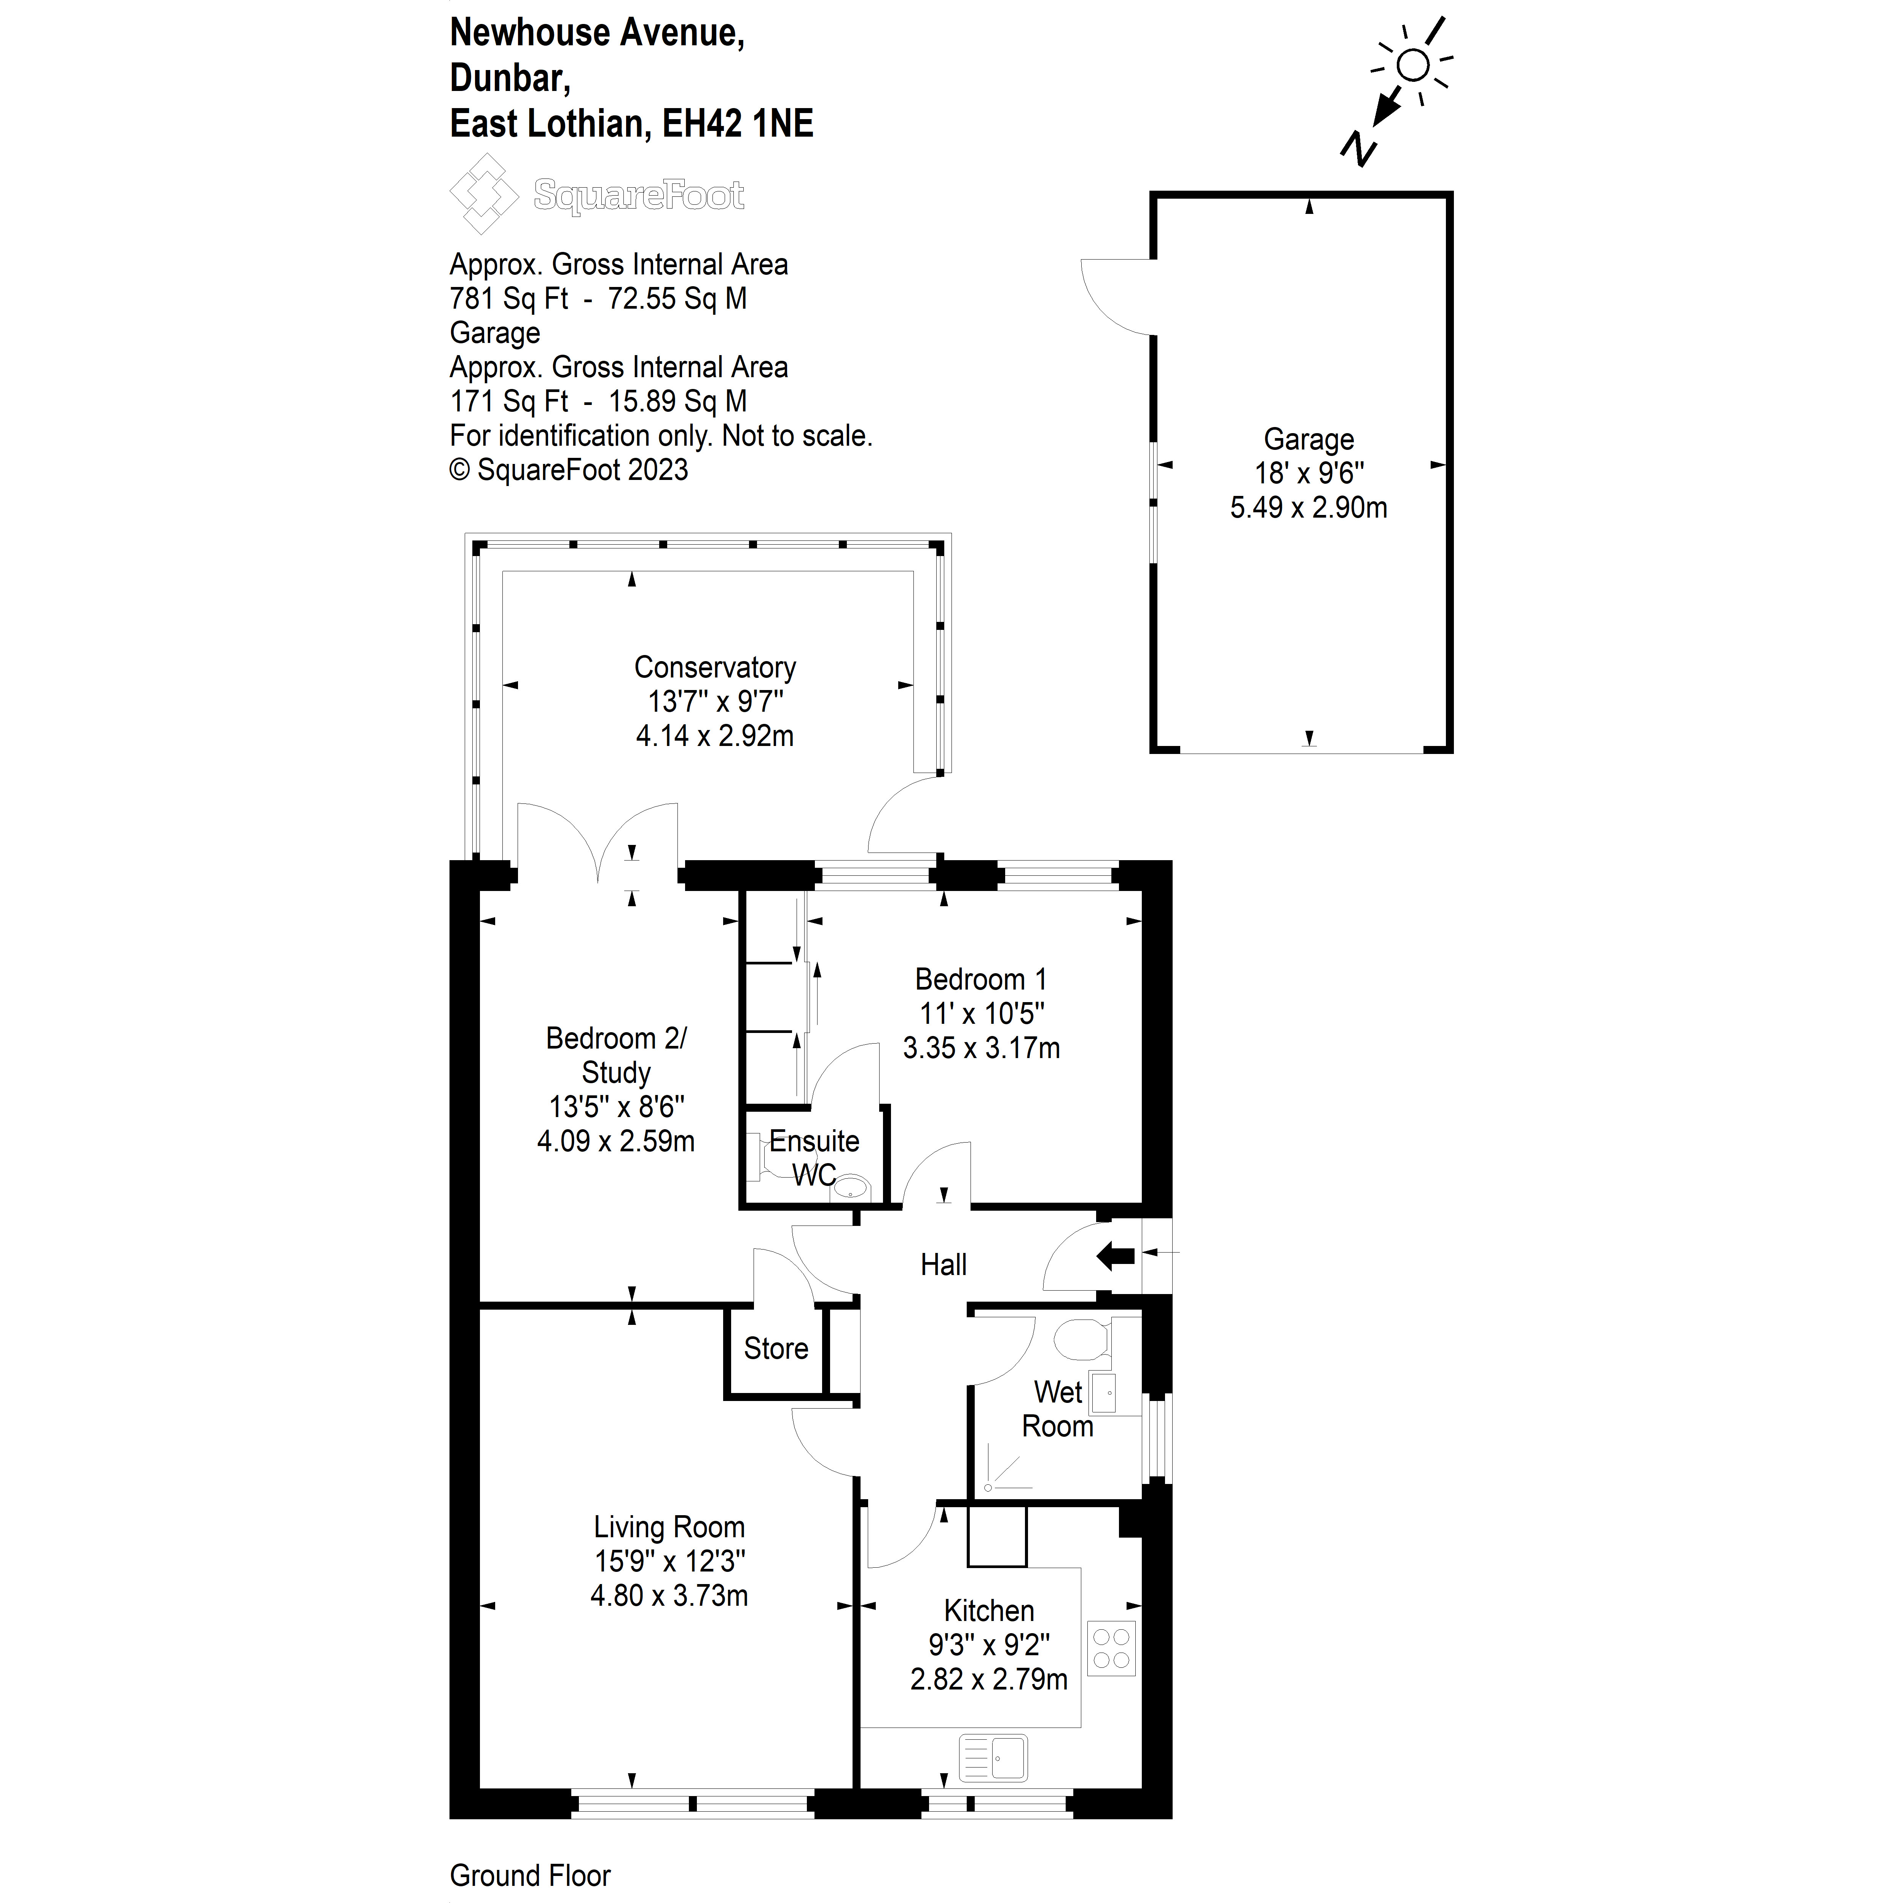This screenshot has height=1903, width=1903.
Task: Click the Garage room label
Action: [1308, 439]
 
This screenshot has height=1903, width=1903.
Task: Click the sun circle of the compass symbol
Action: [1414, 65]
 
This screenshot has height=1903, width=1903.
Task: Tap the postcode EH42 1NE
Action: [738, 124]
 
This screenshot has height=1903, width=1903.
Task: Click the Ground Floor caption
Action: [530, 1876]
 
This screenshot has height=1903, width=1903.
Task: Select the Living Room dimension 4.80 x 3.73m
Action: [669, 1595]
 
